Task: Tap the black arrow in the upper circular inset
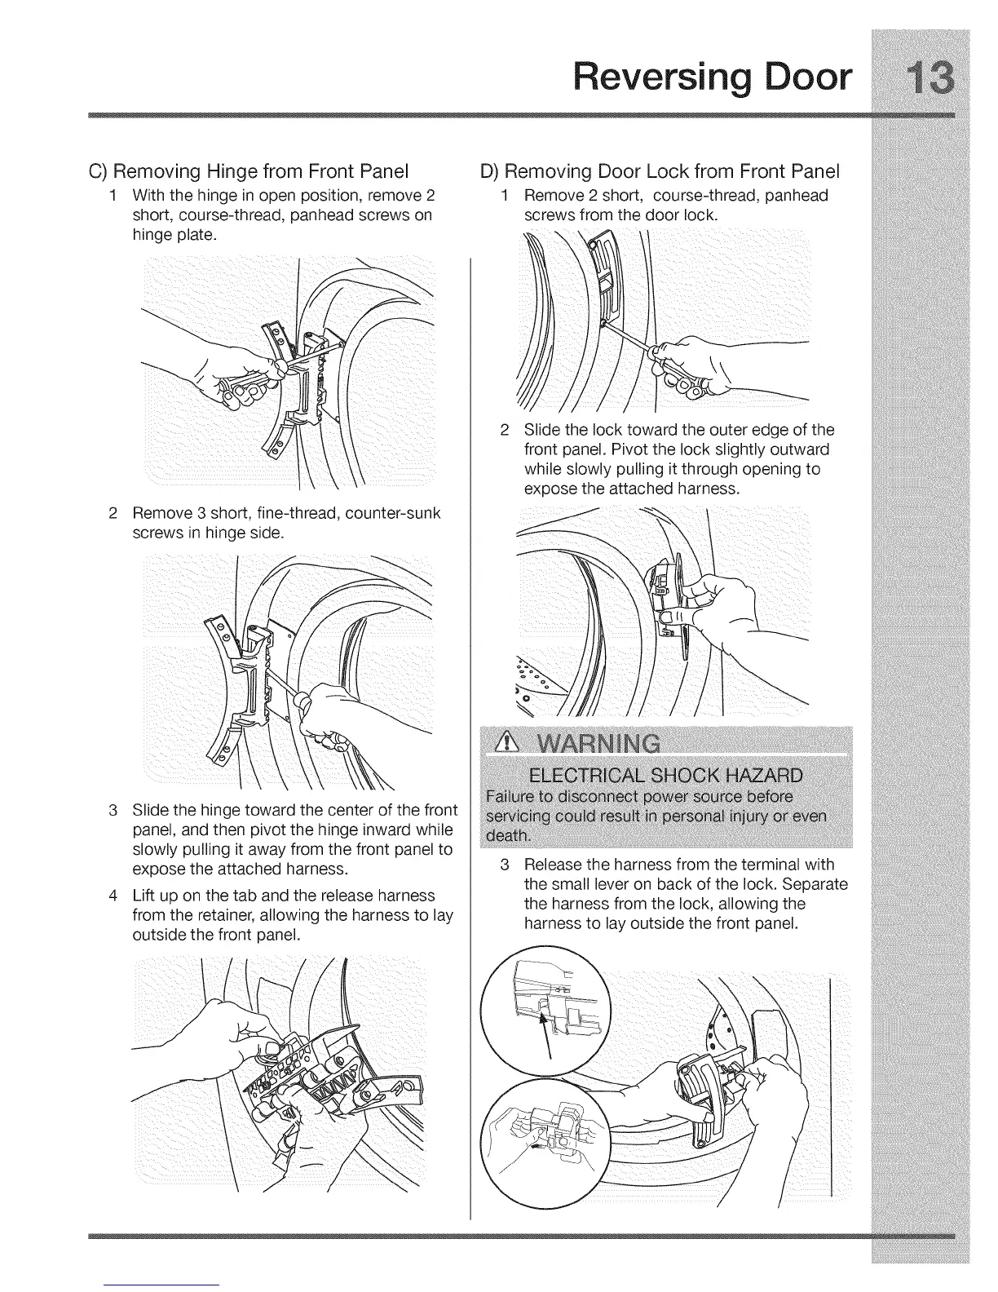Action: click(545, 1029)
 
